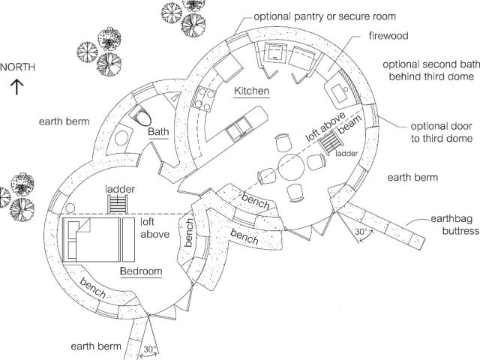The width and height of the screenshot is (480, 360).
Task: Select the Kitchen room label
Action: (x=251, y=91)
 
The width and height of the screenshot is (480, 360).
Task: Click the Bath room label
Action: (x=158, y=132)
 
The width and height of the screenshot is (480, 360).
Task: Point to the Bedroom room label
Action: (x=140, y=271)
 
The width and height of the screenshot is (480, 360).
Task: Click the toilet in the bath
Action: (x=142, y=116)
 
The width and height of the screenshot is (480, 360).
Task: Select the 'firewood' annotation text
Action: (x=388, y=35)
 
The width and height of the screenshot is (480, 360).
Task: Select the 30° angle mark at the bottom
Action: (x=151, y=349)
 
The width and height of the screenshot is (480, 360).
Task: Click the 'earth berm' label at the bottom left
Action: (x=95, y=346)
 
